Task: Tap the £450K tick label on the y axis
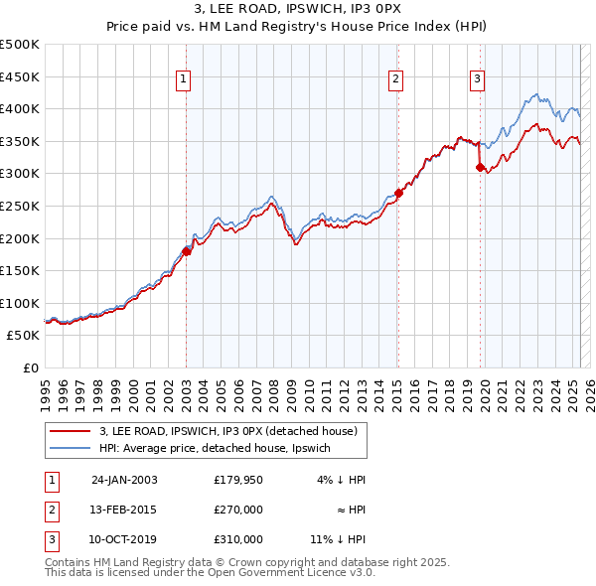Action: (x=20, y=76)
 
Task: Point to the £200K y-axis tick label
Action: (x=20, y=238)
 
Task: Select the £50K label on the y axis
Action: (x=24, y=336)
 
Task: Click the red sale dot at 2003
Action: (x=187, y=251)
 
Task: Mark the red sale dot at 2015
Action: (x=398, y=193)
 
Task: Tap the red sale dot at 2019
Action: (x=480, y=167)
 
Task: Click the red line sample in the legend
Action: (x=69, y=431)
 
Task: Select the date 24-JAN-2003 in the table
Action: (x=124, y=480)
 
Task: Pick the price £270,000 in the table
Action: (x=238, y=510)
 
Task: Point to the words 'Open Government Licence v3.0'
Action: (x=289, y=572)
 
